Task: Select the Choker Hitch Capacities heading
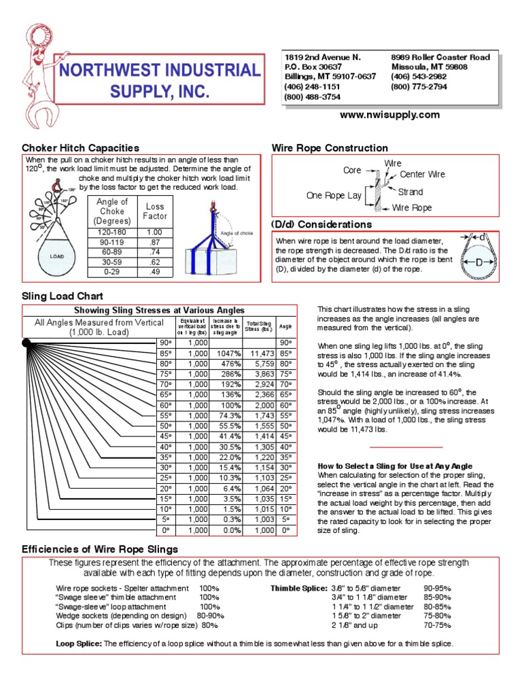click(x=81, y=147)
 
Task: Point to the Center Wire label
click(x=422, y=175)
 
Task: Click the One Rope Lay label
click(x=334, y=195)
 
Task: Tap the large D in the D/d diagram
click(x=480, y=262)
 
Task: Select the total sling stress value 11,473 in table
click(x=262, y=353)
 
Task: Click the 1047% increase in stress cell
click(x=226, y=353)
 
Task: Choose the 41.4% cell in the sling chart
click(x=226, y=436)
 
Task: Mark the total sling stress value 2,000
click(x=262, y=405)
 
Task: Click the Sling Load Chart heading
click(x=63, y=296)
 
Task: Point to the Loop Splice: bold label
click(x=78, y=644)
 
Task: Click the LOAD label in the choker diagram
click(x=56, y=257)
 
